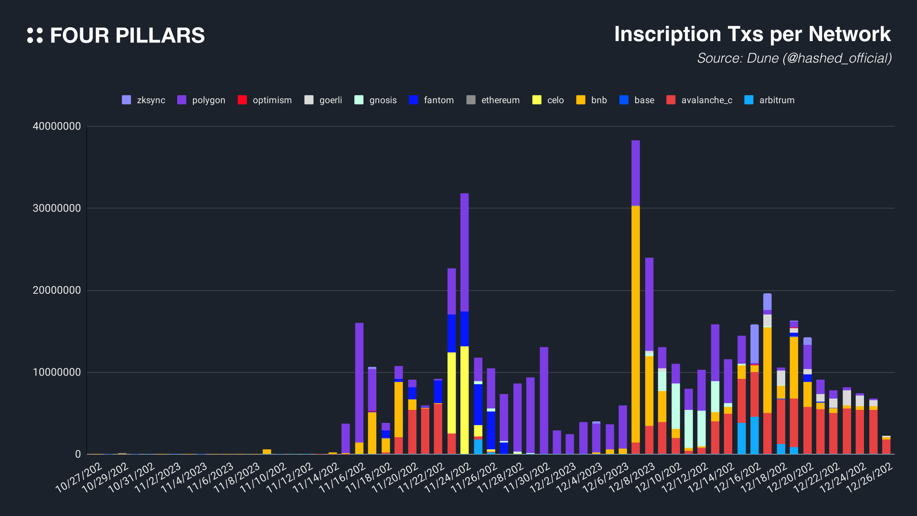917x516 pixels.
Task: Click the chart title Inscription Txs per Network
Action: tap(752, 34)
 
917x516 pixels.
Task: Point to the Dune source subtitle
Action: tap(794, 58)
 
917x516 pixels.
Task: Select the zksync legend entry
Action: tap(144, 100)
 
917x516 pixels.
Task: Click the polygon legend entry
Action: tap(201, 100)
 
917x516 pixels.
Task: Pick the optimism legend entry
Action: tap(265, 100)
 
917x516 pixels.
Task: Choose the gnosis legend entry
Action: tap(376, 100)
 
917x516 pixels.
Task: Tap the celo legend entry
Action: tap(548, 100)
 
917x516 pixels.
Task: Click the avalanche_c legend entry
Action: tap(700, 100)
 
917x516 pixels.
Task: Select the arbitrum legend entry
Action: tap(769, 100)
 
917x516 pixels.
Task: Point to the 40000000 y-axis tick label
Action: tap(57, 127)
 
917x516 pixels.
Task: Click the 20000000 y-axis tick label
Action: tap(57, 290)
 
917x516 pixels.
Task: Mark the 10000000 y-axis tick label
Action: tap(57, 373)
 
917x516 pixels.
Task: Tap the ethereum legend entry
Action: tap(493, 100)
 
